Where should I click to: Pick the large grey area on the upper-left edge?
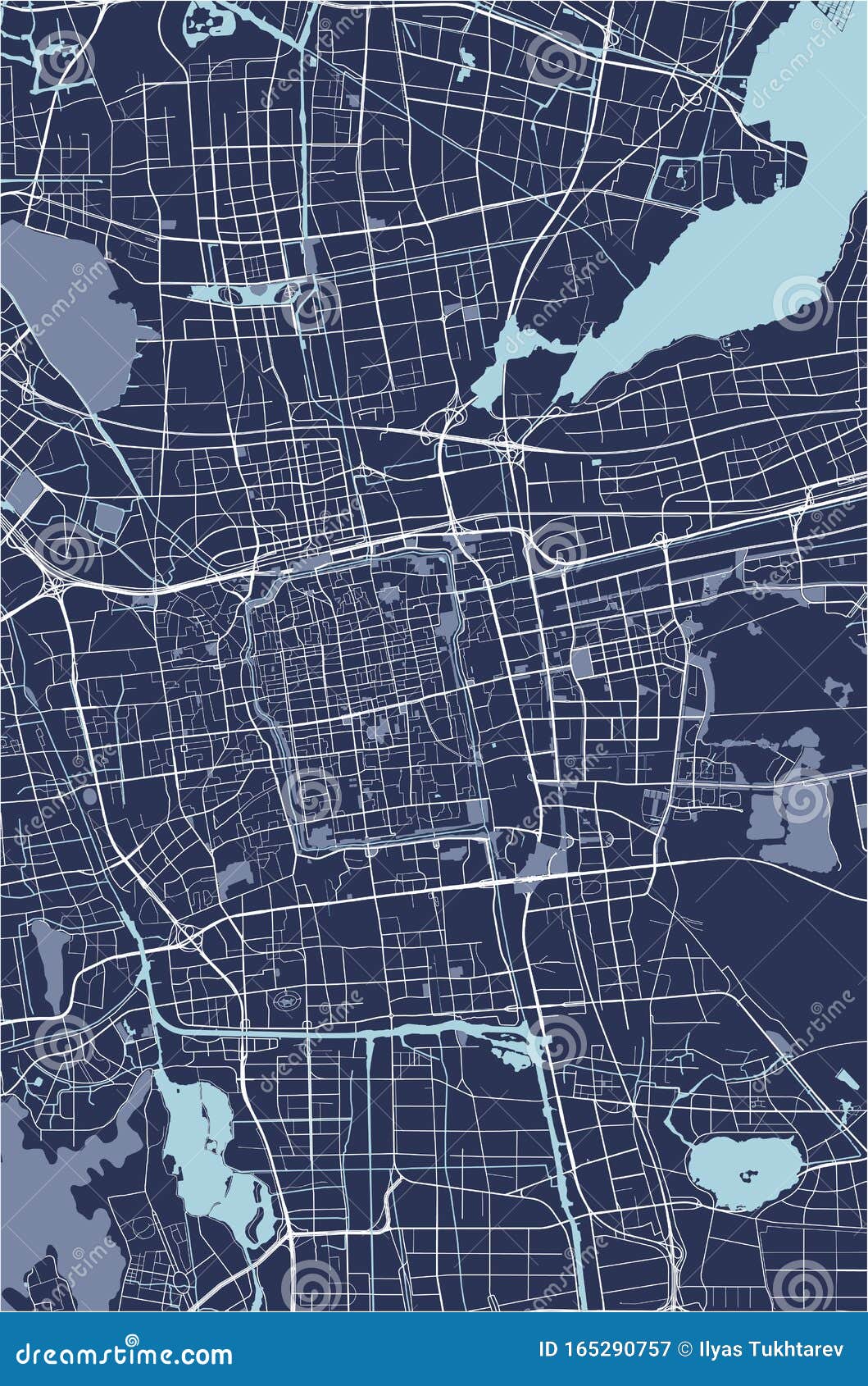[x=57, y=312]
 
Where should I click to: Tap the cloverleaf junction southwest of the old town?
[x=186, y=934]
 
